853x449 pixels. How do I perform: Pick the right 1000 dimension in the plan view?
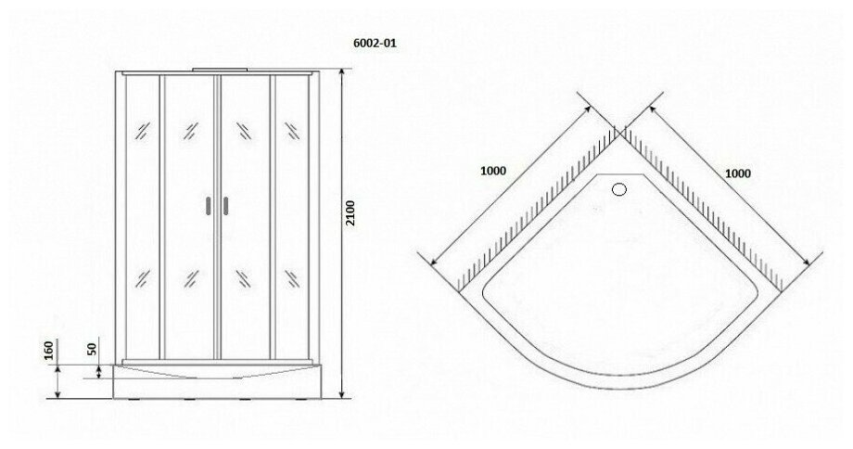tap(737, 173)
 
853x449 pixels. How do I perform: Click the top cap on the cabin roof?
tap(217, 71)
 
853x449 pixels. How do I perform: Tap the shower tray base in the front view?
tap(217, 379)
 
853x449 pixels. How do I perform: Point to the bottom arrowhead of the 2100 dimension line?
tap(342, 393)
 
